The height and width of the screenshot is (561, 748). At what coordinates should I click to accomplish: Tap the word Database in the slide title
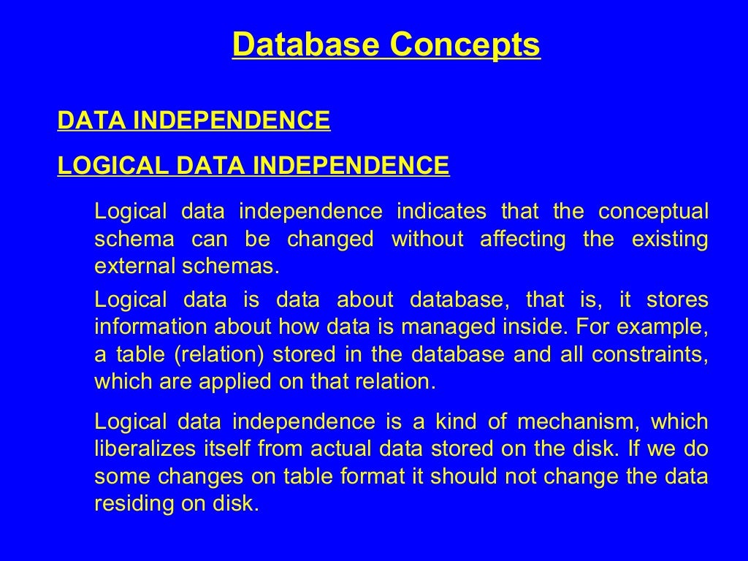(x=306, y=45)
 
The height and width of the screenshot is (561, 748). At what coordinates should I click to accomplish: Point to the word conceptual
(x=653, y=212)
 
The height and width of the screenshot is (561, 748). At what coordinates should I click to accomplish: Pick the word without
(x=427, y=239)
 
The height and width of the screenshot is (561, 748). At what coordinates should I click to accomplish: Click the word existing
(x=671, y=239)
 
